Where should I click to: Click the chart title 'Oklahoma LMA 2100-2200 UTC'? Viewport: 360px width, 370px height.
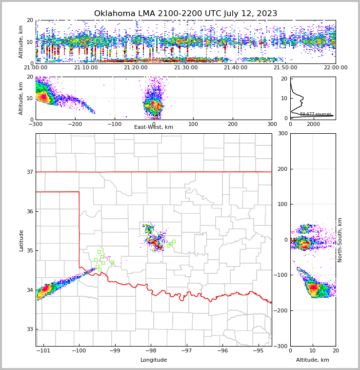[185, 14]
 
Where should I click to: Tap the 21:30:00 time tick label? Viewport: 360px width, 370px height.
[186, 68]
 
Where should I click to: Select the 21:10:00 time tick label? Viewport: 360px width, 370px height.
[86, 68]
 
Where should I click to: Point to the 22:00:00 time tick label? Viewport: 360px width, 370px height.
[336, 68]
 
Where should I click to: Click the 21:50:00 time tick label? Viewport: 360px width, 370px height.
[286, 68]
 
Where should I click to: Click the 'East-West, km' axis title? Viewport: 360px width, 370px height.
[154, 127]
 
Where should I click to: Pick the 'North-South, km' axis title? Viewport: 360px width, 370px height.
[340, 240]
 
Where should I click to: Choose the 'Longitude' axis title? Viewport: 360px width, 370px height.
[154, 360]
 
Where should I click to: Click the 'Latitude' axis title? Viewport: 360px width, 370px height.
[21, 240]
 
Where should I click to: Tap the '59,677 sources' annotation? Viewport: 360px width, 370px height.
[316, 114]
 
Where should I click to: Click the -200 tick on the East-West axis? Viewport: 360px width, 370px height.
[75, 124]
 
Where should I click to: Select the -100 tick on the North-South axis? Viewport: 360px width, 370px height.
[281, 275]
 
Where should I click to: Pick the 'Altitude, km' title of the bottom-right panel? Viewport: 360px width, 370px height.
[313, 360]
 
